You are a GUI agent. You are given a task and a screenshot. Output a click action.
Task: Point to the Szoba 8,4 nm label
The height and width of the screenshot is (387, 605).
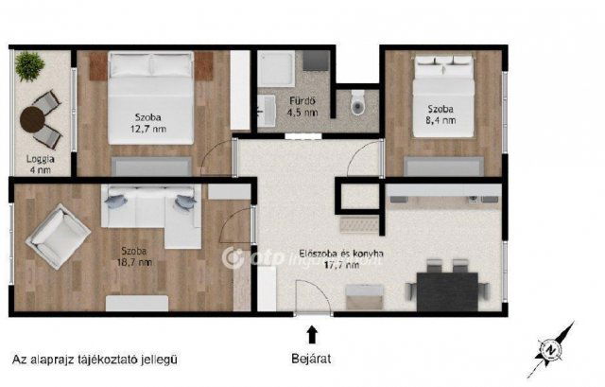pos(440,114)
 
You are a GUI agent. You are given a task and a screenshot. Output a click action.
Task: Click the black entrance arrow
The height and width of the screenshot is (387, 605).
pos(312,333)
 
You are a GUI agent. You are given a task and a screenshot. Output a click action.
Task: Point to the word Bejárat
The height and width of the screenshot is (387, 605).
pos(312,359)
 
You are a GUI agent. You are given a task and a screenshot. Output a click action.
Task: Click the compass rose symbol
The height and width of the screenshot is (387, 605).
pos(552,345)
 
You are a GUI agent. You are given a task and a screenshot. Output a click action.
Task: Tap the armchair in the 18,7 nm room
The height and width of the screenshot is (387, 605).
pos(59,232)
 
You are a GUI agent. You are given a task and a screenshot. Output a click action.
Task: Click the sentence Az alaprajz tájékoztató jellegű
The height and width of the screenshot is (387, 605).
pos(95,359)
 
